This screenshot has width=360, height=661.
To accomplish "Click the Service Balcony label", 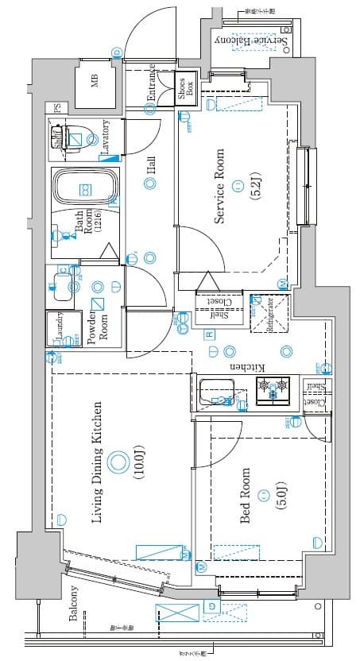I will [249, 40].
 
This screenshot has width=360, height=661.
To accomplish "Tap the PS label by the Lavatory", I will [57, 108].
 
